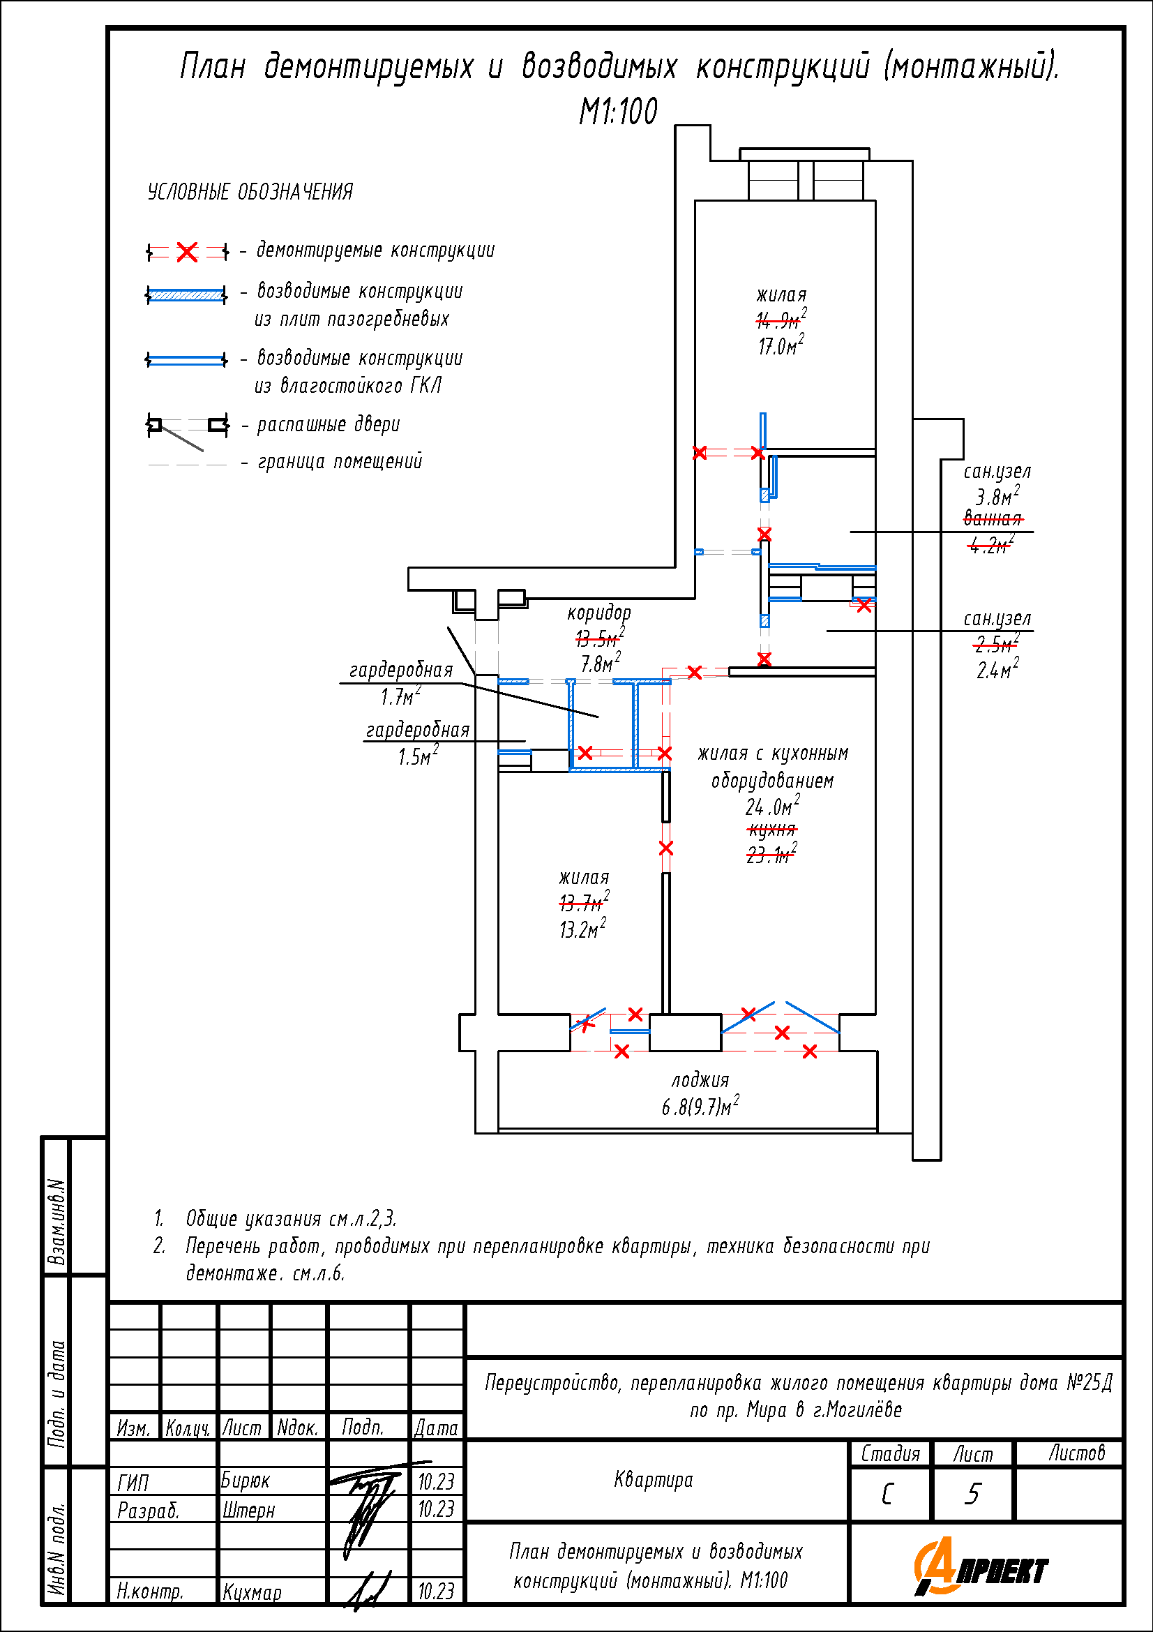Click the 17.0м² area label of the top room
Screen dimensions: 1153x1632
[x=781, y=345]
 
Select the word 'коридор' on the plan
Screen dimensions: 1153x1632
[x=599, y=613]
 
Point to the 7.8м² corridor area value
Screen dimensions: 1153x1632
[x=601, y=663]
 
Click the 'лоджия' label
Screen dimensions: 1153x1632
[x=700, y=1080]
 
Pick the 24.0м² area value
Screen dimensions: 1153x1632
[x=772, y=806]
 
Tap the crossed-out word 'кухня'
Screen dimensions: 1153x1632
[x=772, y=830]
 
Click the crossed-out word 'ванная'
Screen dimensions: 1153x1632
[x=993, y=519]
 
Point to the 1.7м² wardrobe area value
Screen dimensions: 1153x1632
[x=400, y=696]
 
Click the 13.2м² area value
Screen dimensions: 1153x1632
[x=582, y=929]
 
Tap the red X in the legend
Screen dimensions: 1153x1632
[x=187, y=252]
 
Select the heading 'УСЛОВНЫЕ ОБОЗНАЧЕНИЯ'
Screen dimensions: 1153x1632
[x=250, y=192]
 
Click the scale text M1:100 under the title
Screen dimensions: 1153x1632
[x=618, y=111]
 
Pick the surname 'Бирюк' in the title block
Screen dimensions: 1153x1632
[x=245, y=1480]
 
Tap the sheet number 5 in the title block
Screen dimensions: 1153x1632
[x=972, y=1494]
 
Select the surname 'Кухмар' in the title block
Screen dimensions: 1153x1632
[x=253, y=1592]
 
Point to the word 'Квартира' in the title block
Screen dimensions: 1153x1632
[x=653, y=1480]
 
